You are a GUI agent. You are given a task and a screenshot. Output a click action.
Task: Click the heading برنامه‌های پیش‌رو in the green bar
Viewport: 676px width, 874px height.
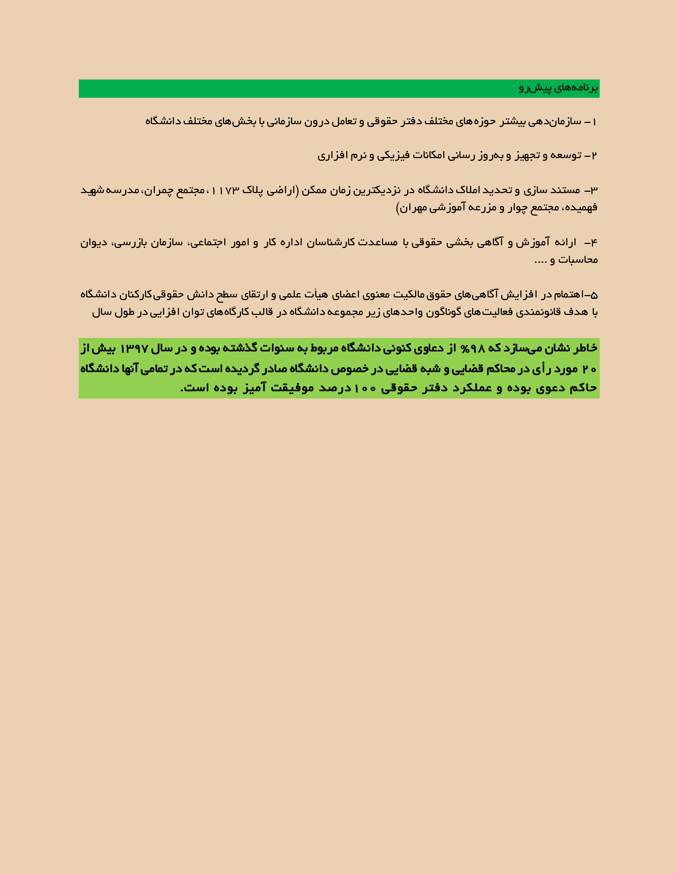tap(558, 88)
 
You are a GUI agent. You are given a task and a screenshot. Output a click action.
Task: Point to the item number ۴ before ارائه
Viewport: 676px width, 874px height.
tap(594, 242)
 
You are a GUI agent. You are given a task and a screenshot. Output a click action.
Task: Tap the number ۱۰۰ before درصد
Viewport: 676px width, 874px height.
tap(365, 388)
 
